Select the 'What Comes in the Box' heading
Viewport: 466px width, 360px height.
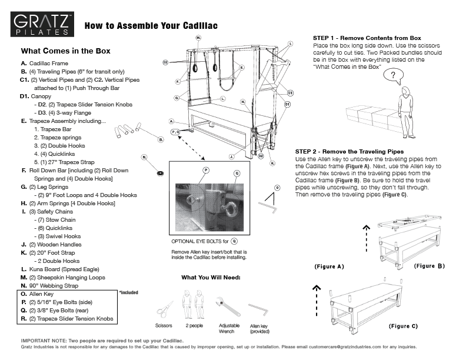65,51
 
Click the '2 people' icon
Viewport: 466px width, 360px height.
195,306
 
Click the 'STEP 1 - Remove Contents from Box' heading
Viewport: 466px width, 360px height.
367,38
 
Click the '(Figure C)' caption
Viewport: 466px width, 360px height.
403,325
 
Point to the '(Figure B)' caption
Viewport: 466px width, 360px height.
429,266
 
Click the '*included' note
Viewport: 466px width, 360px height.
128,292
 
